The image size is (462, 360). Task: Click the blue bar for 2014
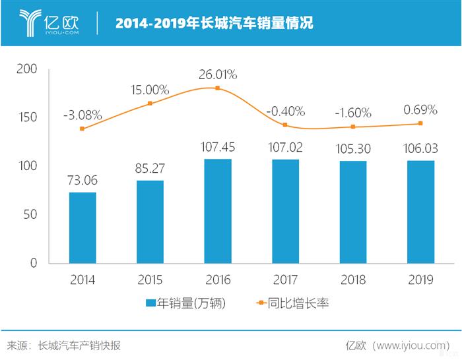click(82, 227)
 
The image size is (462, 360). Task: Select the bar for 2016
click(218, 211)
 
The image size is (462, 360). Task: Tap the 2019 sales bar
click(420, 212)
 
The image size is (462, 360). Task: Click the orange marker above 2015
click(150, 104)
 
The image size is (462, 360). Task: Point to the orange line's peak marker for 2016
click(218, 88)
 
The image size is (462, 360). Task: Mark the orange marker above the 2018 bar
click(353, 127)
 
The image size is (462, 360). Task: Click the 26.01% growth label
click(218, 73)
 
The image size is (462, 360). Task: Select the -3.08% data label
click(82, 115)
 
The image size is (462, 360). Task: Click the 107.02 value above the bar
click(285, 146)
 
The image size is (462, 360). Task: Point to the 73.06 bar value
click(82, 179)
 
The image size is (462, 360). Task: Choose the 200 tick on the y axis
click(30, 69)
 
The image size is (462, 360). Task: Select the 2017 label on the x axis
click(285, 280)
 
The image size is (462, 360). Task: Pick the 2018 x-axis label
click(353, 280)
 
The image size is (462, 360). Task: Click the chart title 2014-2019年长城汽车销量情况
click(214, 24)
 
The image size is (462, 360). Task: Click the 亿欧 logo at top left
click(49, 23)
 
